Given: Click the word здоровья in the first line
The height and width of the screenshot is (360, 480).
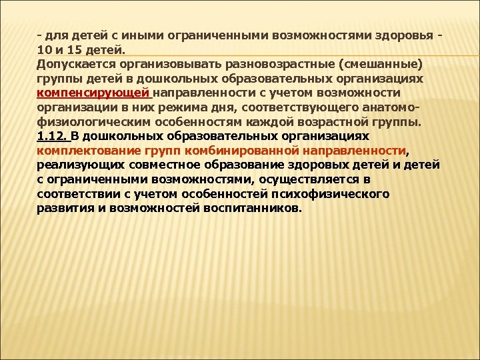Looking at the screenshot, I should (x=402, y=35).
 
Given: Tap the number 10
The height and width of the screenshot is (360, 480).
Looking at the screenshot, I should (x=44, y=49).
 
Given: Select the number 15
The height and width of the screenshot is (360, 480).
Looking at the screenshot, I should (x=72, y=49).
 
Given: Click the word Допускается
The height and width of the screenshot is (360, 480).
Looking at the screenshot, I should (x=73, y=64).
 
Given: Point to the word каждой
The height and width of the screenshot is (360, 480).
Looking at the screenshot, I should (x=271, y=122).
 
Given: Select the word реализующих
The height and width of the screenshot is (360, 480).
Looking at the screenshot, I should (x=75, y=165).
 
